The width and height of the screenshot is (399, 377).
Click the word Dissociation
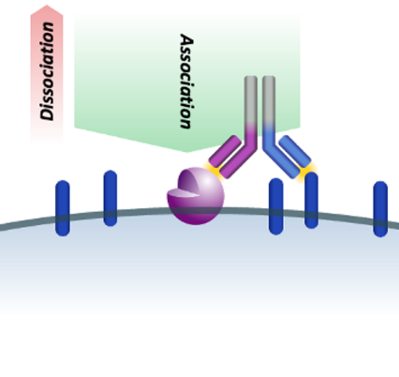pyautogui.click(x=47, y=71)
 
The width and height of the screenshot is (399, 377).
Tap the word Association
pyautogui.click(x=186, y=82)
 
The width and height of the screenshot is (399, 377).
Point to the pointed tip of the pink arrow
pyautogui.click(x=47, y=5)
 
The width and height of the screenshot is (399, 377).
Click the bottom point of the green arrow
pyautogui.click(x=187, y=152)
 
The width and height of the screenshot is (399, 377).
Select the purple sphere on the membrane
pyautogui.click(x=196, y=196)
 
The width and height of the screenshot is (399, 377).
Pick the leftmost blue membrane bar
pyautogui.click(x=63, y=208)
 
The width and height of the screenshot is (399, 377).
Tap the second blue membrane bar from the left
pyautogui.click(x=111, y=198)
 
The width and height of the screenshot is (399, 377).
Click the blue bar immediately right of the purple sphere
pyautogui.click(x=276, y=206)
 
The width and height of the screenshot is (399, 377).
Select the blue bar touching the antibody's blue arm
pyautogui.click(x=311, y=200)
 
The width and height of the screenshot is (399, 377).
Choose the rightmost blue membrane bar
pyautogui.click(x=380, y=209)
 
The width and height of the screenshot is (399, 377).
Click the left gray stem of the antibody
pyautogui.click(x=251, y=101)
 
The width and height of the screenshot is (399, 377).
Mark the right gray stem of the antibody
pyautogui.click(x=269, y=100)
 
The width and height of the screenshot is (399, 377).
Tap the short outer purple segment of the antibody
pyautogui.click(x=225, y=151)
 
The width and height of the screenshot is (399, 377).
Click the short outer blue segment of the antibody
pyautogui.click(x=295, y=151)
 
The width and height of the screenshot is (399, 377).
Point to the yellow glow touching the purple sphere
pyautogui.click(x=214, y=170)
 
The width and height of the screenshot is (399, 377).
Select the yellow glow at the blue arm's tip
pyautogui.click(x=306, y=171)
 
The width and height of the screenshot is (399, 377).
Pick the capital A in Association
pyautogui.click(x=187, y=40)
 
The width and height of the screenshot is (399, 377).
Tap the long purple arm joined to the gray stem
pyautogui.click(x=241, y=153)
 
